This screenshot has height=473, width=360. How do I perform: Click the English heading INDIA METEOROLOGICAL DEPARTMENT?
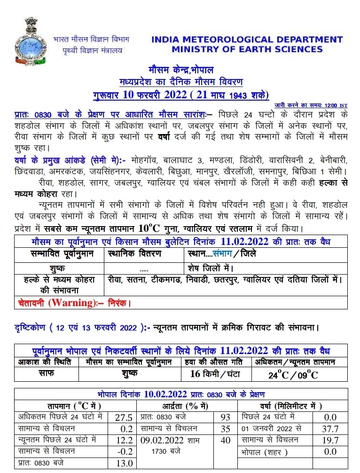pos(247,40)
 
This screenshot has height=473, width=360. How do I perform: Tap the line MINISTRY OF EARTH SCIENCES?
pos(247,49)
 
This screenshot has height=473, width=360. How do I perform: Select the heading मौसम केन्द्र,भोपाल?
pos(181,71)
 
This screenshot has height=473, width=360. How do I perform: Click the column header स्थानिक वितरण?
pos(135,253)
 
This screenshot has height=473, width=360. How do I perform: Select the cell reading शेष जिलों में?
pos(211,268)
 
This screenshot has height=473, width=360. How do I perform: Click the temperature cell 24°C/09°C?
pos(293,375)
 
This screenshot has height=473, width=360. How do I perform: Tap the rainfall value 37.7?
pos(329,429)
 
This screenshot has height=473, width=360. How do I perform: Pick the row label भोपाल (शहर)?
pos(263,451)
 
